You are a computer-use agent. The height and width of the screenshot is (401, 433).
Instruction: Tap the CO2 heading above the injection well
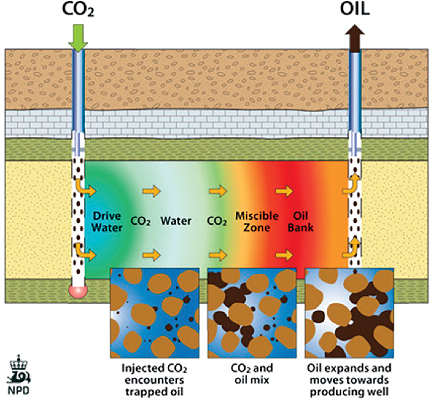[x=78, y=10]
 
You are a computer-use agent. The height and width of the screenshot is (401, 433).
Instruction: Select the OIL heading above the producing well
[x=355, y=9]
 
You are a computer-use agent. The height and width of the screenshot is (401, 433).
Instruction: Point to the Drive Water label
[x=107, y=222]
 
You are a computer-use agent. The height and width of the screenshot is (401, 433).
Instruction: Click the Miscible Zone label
[x=257, y=222]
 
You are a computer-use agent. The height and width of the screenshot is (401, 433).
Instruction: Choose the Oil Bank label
[x=301, y=222]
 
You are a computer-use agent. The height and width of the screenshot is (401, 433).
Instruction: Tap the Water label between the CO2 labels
[x=176, y=221]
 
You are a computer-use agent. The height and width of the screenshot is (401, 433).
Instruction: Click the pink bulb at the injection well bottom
[x=79, y=291]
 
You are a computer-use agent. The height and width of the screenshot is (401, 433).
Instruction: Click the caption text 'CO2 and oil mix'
[x=252, y=374]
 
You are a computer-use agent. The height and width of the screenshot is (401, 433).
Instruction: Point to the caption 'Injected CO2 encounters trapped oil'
[x=154, y=380]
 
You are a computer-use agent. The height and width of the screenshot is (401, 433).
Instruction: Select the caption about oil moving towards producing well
[x=349, y=380]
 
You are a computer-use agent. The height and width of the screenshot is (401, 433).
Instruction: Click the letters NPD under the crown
[x=19, y=390]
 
